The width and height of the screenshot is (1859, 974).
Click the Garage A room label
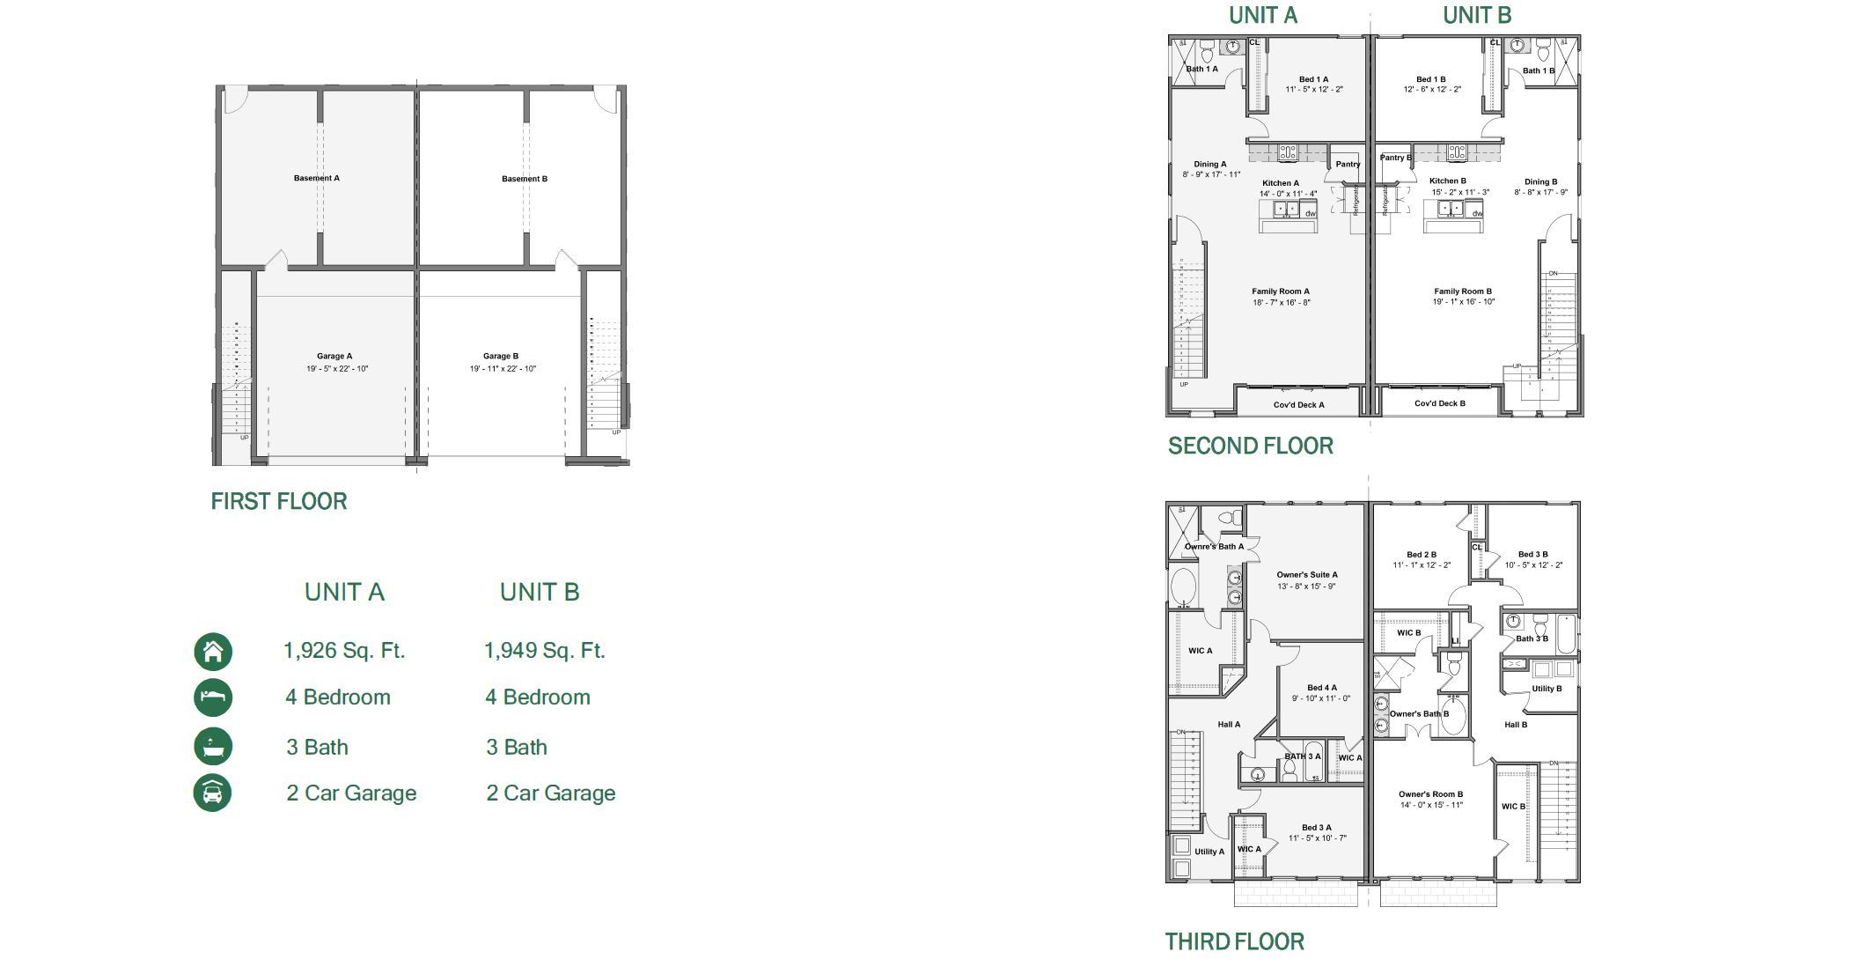[x=334, y=357]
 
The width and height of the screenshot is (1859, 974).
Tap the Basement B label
[x=525, y=179]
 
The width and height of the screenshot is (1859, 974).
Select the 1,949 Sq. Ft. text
[x=544, y=651]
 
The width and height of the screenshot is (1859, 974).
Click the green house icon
[x=213, y=652]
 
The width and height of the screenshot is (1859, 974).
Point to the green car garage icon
[x=213, y=793]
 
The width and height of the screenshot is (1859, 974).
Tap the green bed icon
[x=213, y=697]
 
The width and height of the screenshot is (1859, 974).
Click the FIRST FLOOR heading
[x=279, y=502]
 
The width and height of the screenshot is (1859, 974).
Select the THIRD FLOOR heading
[x=1234, y=942]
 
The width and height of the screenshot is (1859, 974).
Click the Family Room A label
[x=1281, y=291]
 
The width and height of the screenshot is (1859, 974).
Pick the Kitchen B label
[x=1448, y=181]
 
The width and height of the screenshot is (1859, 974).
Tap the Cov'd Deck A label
[x=1298, y=405]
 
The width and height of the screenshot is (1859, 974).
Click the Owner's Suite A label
[x=1307, y=575]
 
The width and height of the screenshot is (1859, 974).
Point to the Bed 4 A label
[x=1321, y=688]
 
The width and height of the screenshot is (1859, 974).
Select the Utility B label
[x=1547, y=689]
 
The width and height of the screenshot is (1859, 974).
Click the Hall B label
[x=1516, y=725]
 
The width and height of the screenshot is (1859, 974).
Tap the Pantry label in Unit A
[x=1348, y=164]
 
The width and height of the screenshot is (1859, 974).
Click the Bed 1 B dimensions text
[x=1432, y=90]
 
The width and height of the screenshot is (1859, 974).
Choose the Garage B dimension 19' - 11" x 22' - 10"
[x=503, y=369]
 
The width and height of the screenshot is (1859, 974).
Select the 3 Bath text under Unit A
[x=317, y=748]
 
